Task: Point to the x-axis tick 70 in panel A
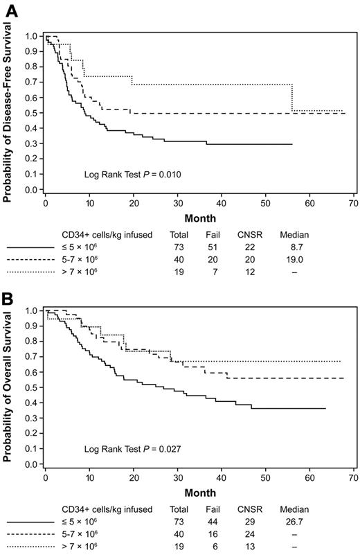pos(352,205)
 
